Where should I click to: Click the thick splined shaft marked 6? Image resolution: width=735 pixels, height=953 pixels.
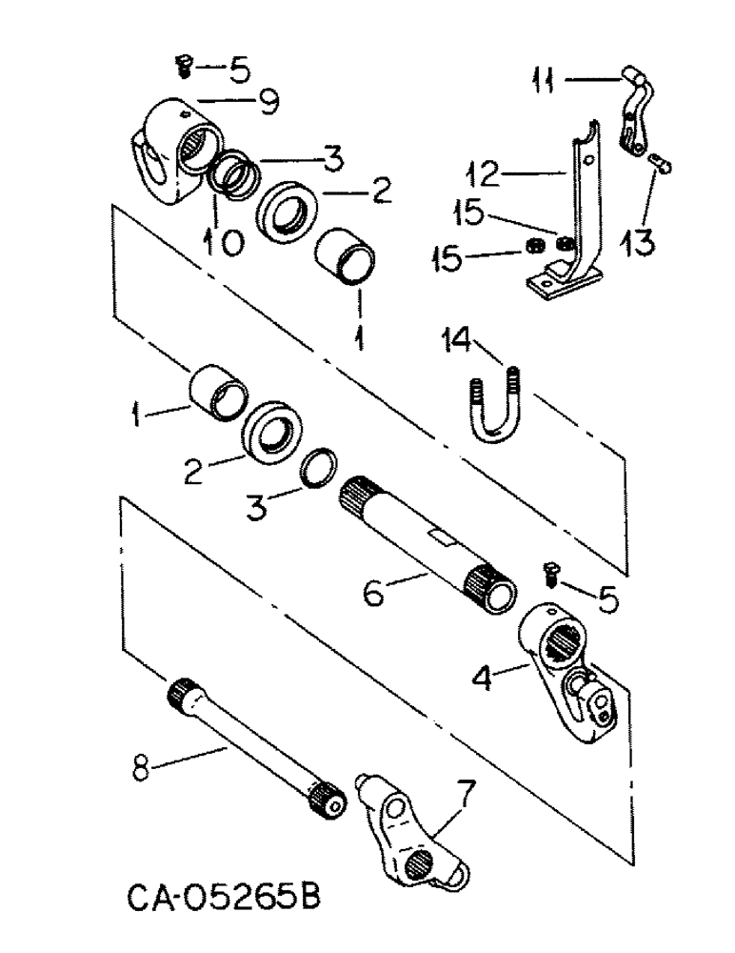(428, 548)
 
